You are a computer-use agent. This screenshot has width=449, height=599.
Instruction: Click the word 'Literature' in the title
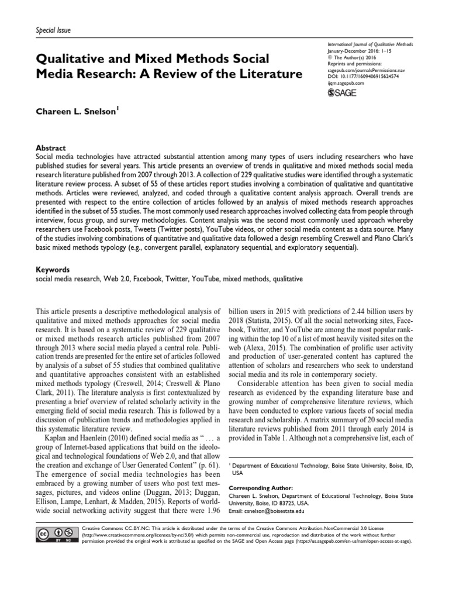pyautogui.click(x=267, y=74)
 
